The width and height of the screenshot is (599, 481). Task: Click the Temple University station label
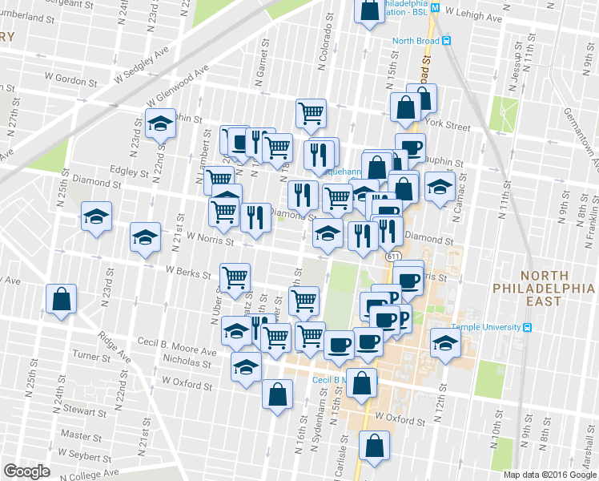coord(486,327)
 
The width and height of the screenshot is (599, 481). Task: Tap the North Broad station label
coord(416,42)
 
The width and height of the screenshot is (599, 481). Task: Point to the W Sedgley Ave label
coord(143,64)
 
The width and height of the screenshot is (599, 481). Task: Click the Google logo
coord(26,471)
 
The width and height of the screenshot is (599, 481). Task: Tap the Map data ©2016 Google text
coord(549,475)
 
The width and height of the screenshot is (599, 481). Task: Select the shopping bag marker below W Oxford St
coord(373,446)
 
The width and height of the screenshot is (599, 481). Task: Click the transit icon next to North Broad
coord(447,42)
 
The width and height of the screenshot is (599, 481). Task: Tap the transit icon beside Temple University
coord(528,327)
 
